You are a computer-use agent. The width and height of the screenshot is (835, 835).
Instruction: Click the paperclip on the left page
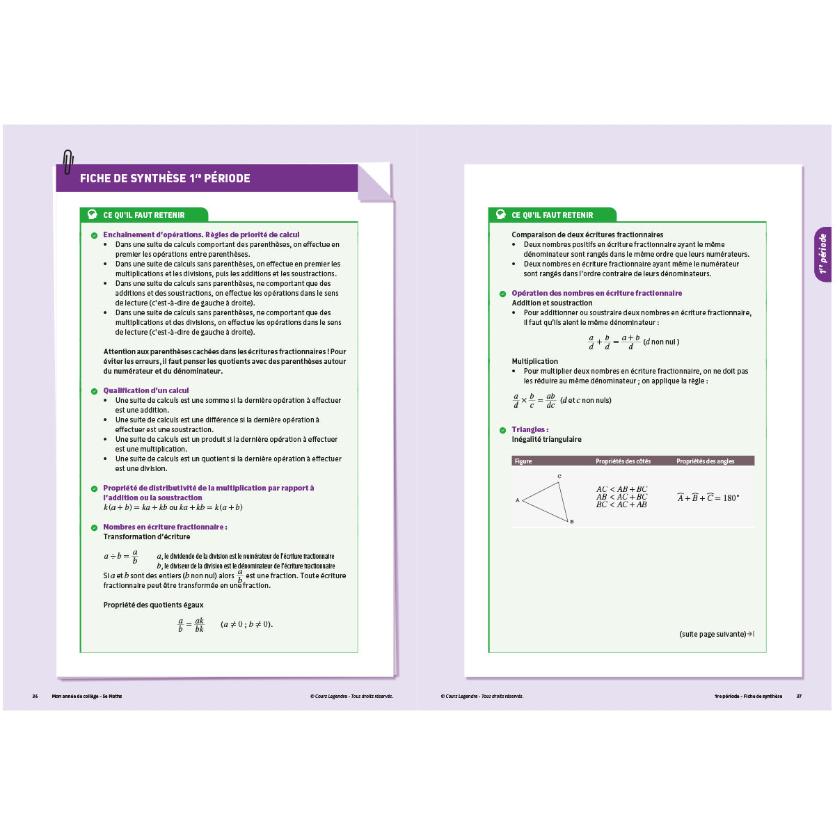tap(67, 162)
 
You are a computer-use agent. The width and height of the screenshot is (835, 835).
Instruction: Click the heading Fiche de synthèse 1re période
tap(165, 178)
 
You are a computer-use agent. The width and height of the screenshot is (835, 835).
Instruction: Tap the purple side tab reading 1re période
tap(822, 254)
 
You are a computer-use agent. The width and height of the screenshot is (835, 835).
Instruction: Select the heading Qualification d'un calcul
tap(145, 390)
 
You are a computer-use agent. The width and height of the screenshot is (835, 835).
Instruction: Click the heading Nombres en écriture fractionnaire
tap(165, 527)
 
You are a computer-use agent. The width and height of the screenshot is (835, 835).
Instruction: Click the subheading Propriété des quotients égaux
tap(153, 605)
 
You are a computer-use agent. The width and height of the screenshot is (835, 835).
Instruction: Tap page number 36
tap(35, 696)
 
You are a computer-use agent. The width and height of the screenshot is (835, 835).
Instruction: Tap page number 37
tap(799, 696)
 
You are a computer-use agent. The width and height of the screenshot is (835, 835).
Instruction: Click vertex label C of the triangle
tap(559, 477)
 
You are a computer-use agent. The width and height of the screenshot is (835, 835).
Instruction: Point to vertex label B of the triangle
tap(572, 522)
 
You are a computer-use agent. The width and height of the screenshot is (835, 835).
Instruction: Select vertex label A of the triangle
tap(517, 500)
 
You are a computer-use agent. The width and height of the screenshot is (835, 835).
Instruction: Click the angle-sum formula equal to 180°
tap(708, 498)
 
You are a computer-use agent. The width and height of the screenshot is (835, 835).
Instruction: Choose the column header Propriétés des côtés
tap(623, 461)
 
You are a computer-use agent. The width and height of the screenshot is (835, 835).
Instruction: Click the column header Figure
tap(523, 461)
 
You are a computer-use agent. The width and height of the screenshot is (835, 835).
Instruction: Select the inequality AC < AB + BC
tap(621, 489)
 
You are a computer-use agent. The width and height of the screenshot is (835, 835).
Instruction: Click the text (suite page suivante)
tap(713, 634)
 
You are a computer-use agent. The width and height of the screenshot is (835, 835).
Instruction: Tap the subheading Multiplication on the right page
tap(534, 361)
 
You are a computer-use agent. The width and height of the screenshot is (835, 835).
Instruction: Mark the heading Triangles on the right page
tap(530, 429)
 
